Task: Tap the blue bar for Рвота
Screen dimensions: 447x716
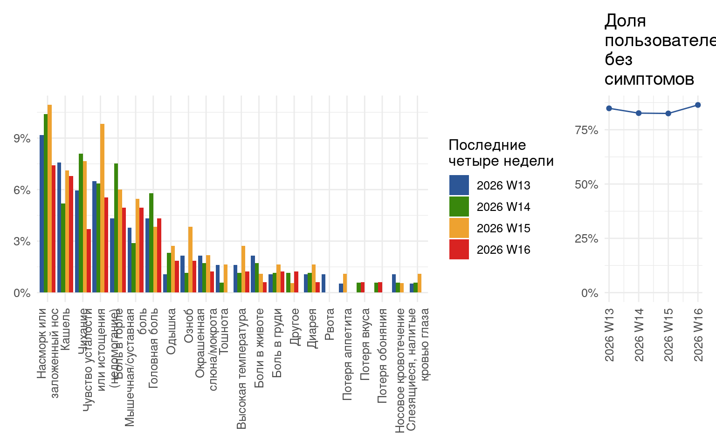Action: click(324, 284)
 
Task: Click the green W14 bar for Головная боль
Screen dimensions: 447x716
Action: click(151, 243)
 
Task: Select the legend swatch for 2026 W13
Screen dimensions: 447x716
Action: click(459, 185)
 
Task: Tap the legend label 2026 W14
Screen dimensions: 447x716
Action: click(503, 207)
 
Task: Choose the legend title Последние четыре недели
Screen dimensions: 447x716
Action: click(501, 153)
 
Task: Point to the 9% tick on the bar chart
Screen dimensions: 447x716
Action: click(22, 139)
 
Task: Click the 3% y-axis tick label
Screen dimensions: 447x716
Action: click(22, 242)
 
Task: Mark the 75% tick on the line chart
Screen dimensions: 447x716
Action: click(586, 130)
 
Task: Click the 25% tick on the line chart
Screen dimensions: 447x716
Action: click(586, 239)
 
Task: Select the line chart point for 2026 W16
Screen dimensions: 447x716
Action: click(698, 105)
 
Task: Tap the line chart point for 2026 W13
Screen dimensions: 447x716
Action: click(609, 108)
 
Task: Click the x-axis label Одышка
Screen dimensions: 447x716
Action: click(171, 331)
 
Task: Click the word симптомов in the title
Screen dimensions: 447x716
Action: click(649, 80)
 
